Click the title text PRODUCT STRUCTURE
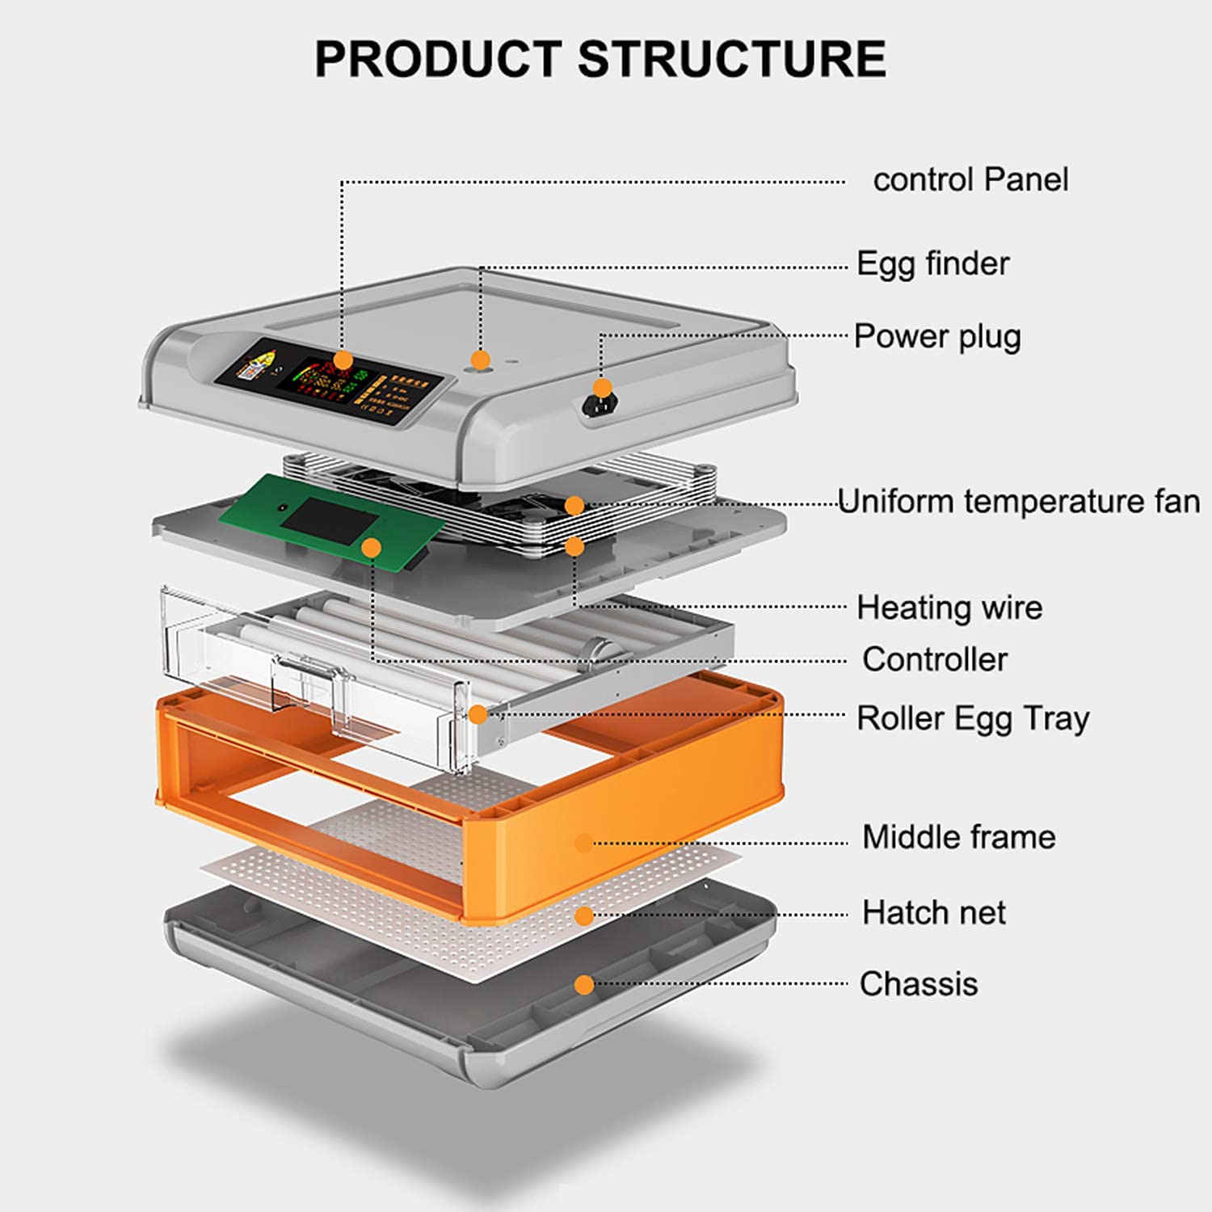pyautogui.click(x=600, y=59)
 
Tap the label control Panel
pyautogui.click(x=970, y=179)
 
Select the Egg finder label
pyautogui.click(x=933, y=264)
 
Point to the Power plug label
pyautogui.click(x=937, y=337)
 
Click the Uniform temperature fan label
pyautogui.click(x=1019, y=502)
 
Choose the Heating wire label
pyautogui.click(x=949, y=608)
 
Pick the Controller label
pyautogui.click(x=935, y=659)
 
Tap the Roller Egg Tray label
pyautogui.click(x=973, y=719)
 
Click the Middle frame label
pyautogui.click(x=959, y=837)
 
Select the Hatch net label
pyautogui.click(x=934, y=913)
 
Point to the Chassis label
pyautogui.click(x=919, y=984)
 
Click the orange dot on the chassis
pyautogui.click(x=584, y=985)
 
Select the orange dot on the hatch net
pyautogui.click(x=584, y=915)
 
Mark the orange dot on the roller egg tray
pyautogui.click(x=478, y=714)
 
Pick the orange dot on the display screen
pyautogui.click(x=343, y=360)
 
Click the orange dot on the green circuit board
pyautogui.click(x=372, y=548)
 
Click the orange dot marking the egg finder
pyautogui.click(x=481, y=360)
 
